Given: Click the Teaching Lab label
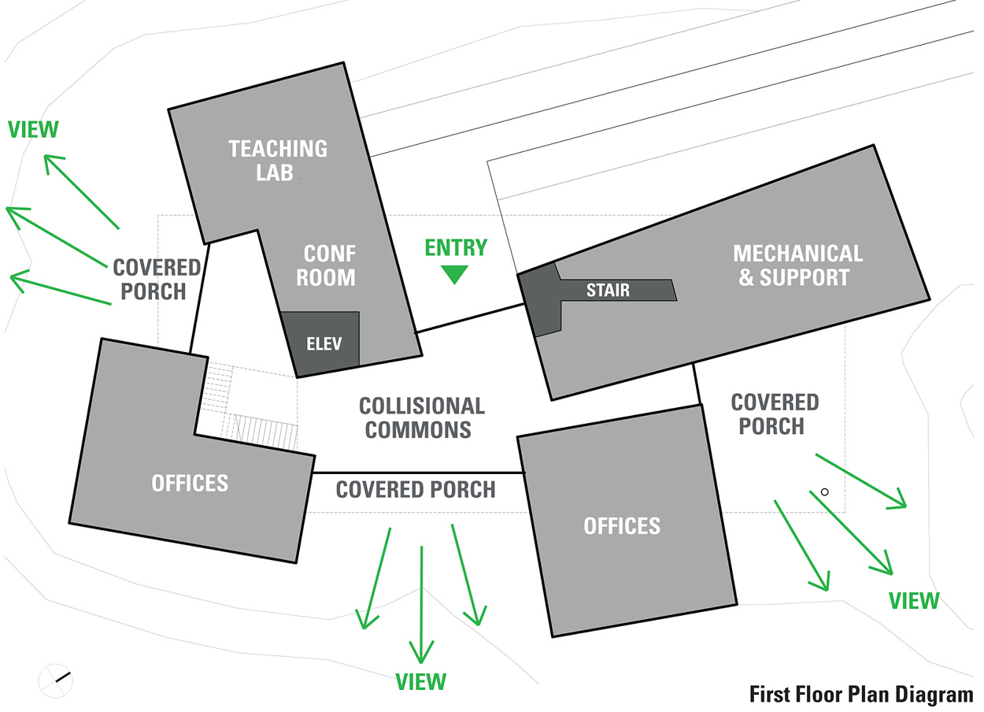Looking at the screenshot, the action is point(278,161).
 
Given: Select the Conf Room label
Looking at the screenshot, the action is point(326,265).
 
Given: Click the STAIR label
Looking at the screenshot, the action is point(608,290).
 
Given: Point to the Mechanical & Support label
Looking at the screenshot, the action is point(797,265).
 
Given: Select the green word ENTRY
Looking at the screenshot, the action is point(456,247).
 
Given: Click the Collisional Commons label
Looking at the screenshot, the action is point(422,418).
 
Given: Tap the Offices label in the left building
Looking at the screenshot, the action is point(190,483).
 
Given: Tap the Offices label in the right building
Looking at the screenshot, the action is point(622,525).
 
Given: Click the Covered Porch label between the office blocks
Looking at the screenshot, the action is point(416,490).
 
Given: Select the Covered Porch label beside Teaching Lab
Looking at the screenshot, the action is point(156,280).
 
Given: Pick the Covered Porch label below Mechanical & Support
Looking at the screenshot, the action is point(775,414).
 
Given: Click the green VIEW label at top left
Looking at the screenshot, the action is point(33,129).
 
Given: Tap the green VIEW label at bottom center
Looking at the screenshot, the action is point(421,682).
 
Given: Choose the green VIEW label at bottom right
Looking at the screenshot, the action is point(914,601).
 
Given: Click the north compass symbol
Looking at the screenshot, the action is point(55,680).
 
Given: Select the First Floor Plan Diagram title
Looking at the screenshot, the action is point(861,695).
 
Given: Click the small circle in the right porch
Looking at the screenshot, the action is point(824,492).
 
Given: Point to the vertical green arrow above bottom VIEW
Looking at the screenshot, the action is point(421,605).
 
